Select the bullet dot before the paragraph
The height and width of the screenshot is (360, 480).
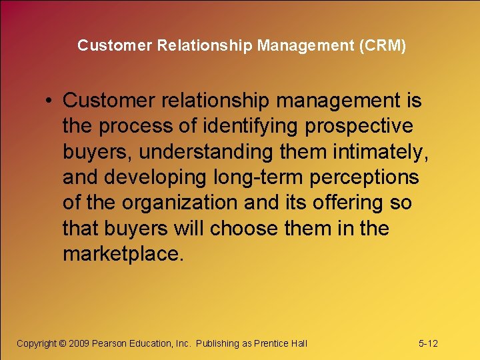[x=50, y=101]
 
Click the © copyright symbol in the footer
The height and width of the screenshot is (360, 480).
[x=63, y=343]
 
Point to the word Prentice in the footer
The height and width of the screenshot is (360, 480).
[x=272, y=343]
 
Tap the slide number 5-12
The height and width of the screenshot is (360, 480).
[x=428, y=343]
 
